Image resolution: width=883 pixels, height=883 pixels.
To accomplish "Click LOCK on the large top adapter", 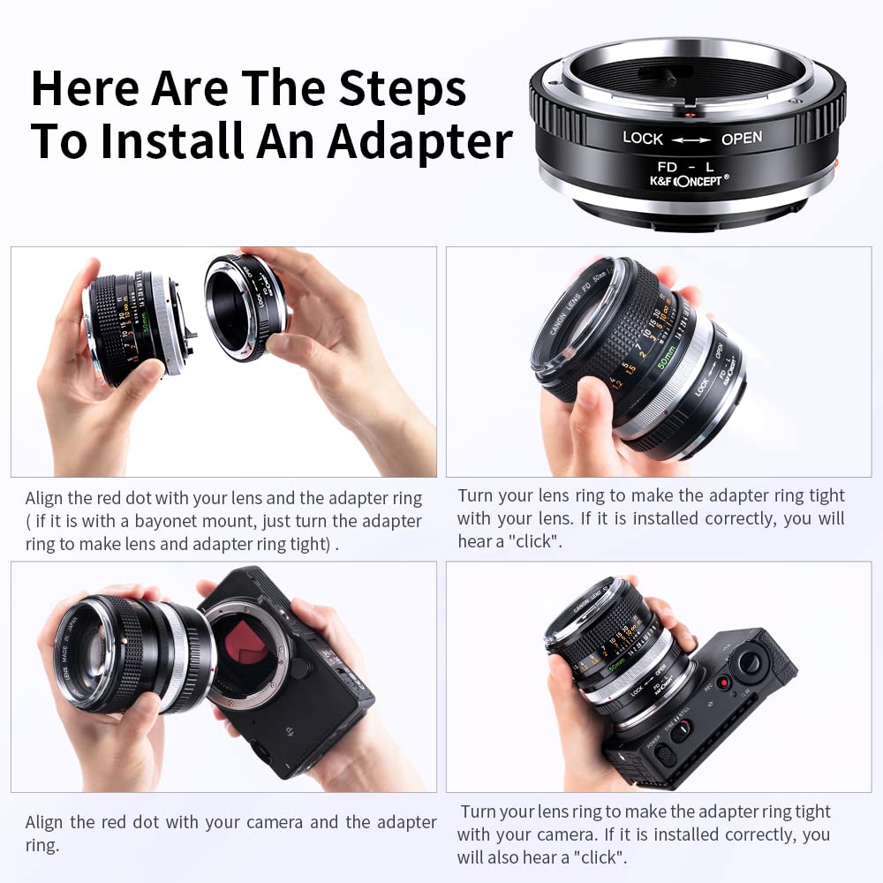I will (642, 138).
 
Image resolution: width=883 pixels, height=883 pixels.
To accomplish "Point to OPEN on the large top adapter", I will (741, 139).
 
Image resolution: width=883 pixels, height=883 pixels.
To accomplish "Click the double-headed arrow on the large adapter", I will (691, 139).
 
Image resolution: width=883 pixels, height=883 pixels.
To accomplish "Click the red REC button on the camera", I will (721, 682).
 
